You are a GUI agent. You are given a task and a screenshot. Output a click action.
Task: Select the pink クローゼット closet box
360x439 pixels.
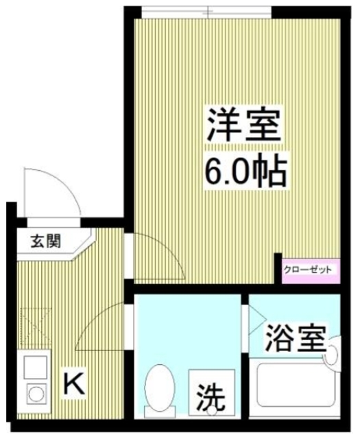308,269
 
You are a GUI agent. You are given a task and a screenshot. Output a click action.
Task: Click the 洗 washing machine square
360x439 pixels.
212,393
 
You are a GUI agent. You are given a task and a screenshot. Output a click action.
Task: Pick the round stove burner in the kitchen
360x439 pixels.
35,394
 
